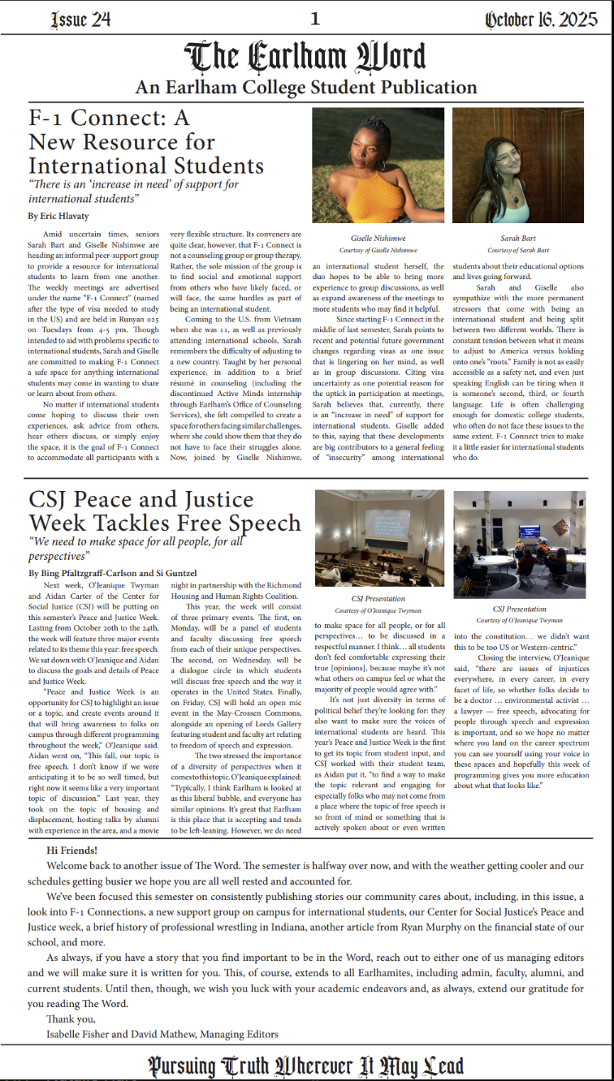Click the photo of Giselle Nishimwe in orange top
(x=378, y=165)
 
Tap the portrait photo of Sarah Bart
(x=517, y=165)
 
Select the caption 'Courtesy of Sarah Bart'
(x=517, y=250)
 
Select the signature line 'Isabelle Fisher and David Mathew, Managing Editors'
(x=162, y=1034)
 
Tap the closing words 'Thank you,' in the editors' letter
(x=71, y=1019)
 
